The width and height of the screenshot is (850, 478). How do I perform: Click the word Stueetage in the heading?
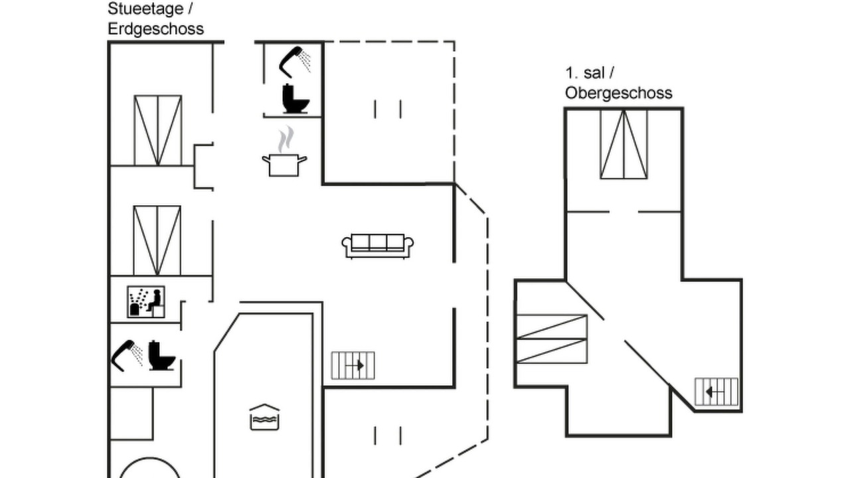tap(145, 9)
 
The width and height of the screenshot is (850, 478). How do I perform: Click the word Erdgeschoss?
tap(155, 29)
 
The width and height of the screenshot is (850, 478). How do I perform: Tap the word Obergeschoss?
tap(618, 93)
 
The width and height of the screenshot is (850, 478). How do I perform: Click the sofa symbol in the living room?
tap(378, 246)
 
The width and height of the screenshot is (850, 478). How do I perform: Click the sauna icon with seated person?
tap(146, 302)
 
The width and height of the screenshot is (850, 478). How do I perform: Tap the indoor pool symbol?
tap(264, 418)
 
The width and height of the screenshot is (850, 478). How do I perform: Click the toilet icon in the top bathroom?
tap(296, 99)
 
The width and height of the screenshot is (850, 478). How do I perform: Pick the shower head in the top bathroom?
tap(295, 62)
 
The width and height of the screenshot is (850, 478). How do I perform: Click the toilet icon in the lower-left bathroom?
tap(161, 355)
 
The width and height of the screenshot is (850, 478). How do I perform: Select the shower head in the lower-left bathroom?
tap(127, 355)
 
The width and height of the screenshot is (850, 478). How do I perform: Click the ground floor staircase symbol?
tap(353, 366)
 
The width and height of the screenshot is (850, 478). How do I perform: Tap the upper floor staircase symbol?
tap(717, 392)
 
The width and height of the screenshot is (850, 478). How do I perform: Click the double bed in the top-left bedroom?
tap(158, 131)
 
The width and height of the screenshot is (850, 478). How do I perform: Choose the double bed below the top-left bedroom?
tap(157, 240)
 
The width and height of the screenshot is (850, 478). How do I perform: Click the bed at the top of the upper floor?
tap(624, 144)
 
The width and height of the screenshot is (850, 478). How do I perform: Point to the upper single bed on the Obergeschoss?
tap(552, 327)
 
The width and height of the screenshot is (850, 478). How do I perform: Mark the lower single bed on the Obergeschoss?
tap(552, 351)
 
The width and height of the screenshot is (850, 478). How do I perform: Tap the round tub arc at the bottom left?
tap(149, 459)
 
